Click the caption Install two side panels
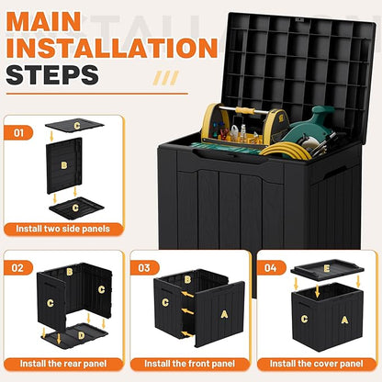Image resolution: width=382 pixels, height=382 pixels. tap(64, 228)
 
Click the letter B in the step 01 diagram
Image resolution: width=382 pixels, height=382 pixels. tap(63, 166)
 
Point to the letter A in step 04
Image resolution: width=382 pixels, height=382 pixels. tap(344, 320)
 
